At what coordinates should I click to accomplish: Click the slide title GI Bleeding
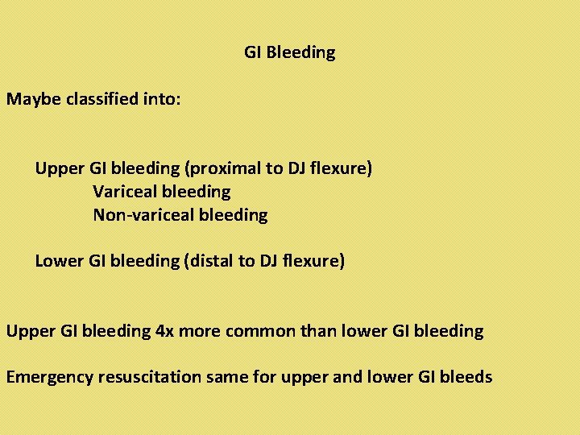coord(290,53)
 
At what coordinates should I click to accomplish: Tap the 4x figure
coord(164,331)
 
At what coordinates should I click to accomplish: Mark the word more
coord(200,331)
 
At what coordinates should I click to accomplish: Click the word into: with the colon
coord(165,100)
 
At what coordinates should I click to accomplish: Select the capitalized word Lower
coord(58,261)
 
